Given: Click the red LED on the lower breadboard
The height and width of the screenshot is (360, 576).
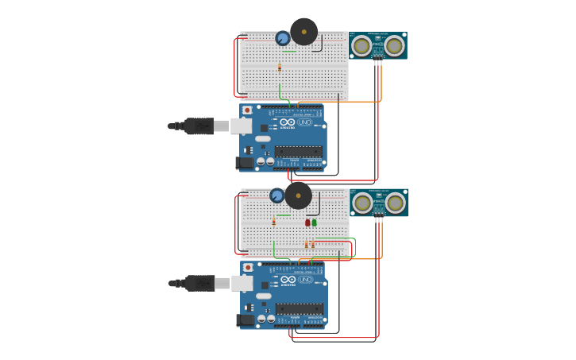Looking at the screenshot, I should (307, 223).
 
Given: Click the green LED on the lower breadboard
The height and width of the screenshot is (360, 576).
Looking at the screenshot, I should (315, 223).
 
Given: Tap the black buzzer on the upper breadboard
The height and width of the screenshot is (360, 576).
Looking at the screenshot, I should (303, 32).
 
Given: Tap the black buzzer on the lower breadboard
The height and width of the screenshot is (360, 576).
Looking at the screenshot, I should (298, 195).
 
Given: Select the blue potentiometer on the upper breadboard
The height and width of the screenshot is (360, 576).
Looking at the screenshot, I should (283, 38).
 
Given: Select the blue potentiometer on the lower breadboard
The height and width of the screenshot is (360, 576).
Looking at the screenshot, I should (277, 195).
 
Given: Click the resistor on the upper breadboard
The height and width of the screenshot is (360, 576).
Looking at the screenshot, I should (280, 68).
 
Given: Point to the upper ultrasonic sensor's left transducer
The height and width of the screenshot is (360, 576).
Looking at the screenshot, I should (361, 46).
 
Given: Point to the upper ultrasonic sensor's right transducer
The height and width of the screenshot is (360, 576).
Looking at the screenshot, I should (393, 46).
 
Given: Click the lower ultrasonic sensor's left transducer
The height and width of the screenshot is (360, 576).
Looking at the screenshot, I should (362, 203).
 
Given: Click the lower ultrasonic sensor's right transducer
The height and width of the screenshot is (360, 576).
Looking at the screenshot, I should (394, 203).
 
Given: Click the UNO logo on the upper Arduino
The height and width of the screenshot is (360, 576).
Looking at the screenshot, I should (305, 122).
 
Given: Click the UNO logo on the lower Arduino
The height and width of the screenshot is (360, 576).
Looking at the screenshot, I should (306, 280).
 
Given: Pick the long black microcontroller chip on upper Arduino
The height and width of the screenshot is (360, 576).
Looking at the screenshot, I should (299, 151).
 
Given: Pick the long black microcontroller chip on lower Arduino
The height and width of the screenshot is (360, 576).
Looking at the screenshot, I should (300, 308).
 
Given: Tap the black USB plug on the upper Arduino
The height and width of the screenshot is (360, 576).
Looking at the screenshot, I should (199, 126).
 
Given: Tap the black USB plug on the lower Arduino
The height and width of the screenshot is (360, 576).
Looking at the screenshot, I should (199, 283).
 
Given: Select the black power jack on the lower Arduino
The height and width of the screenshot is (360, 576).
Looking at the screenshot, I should (245, 319).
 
